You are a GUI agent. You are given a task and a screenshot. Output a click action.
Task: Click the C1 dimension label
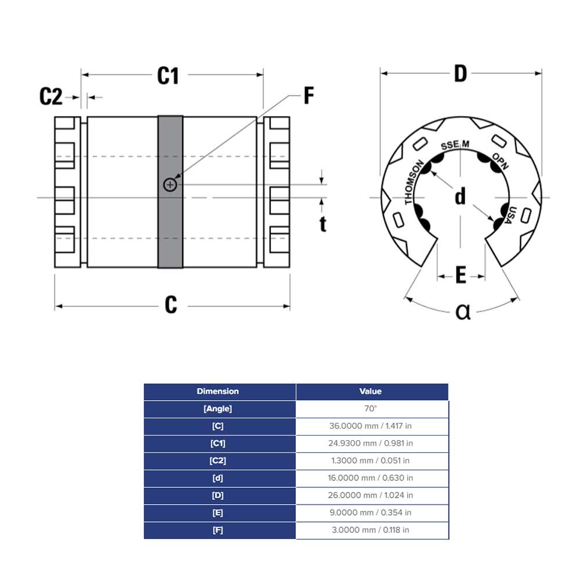point(168,75)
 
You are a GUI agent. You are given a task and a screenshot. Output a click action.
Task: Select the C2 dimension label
point(51,96)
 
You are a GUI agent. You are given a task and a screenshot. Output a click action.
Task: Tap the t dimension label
point(323,223)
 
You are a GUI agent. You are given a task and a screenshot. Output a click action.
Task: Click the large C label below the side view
point(171,304)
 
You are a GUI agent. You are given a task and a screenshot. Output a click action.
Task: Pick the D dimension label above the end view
point(460,74)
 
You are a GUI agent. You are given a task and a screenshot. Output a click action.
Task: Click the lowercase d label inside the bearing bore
point(460,197)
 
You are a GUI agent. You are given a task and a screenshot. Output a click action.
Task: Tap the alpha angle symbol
point(462,312)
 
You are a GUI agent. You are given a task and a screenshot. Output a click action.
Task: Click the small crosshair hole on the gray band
point(170,185)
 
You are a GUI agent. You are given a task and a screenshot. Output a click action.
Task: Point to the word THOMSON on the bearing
point(414,182)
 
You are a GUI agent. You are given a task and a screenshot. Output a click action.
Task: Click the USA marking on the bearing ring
point(508,216)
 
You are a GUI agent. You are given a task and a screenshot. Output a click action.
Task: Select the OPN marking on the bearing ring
point(500,161)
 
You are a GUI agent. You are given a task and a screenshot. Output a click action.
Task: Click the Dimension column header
point(217,391)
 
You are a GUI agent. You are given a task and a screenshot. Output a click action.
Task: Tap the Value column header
point(371,391)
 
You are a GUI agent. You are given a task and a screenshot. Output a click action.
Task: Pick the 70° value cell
point(371,409)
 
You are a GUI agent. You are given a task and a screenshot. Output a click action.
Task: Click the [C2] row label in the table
point(217,461)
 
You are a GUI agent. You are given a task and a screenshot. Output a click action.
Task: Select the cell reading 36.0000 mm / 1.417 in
point(371,426)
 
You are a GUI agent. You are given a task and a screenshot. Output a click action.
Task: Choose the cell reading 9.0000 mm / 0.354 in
point(371,513)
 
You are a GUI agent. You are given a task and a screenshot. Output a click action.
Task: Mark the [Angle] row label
point(217,409)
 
